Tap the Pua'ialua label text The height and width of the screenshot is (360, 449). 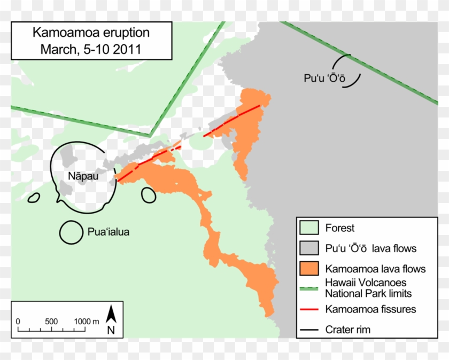tap(108, 232)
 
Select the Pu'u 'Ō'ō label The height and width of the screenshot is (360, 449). tap(324, 77)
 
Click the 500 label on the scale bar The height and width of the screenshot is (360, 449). tap(51, 322)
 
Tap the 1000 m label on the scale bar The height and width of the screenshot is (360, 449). tap(87, 322)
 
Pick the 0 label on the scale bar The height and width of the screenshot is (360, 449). tap(18, 322)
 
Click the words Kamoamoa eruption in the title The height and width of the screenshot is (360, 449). tap(91, 33)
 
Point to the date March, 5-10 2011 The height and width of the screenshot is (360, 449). tap(91, 50)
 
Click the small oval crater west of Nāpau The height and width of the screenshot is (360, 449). tap(33, 198)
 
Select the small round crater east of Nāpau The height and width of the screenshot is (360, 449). tap(149, 195)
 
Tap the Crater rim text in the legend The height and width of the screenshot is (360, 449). tap(347, 330)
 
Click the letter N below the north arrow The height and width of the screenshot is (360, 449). tap(111, 330)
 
